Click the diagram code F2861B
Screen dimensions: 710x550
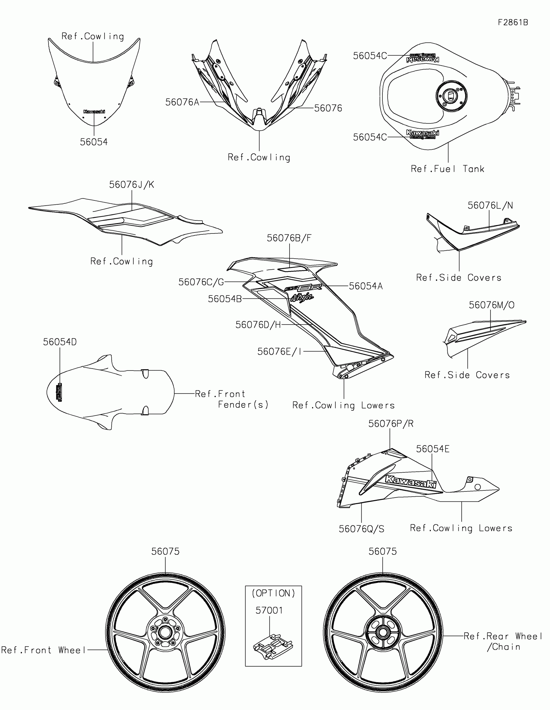513,22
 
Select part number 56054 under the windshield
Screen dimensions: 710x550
94,142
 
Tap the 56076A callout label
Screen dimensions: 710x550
182,102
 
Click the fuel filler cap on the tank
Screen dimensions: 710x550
451,96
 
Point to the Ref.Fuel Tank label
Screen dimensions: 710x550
447,169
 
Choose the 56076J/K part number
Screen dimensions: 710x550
131,185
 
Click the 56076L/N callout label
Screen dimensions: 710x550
490,205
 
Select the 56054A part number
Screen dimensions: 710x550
366,286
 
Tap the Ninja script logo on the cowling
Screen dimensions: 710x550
302,297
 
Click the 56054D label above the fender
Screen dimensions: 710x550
60,342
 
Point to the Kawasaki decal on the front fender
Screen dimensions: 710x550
60,392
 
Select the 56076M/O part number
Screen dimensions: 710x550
491,305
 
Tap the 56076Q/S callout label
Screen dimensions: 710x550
361,529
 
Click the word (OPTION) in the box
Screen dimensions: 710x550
273,593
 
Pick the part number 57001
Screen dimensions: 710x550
269,610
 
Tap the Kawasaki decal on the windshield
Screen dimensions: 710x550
94,112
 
